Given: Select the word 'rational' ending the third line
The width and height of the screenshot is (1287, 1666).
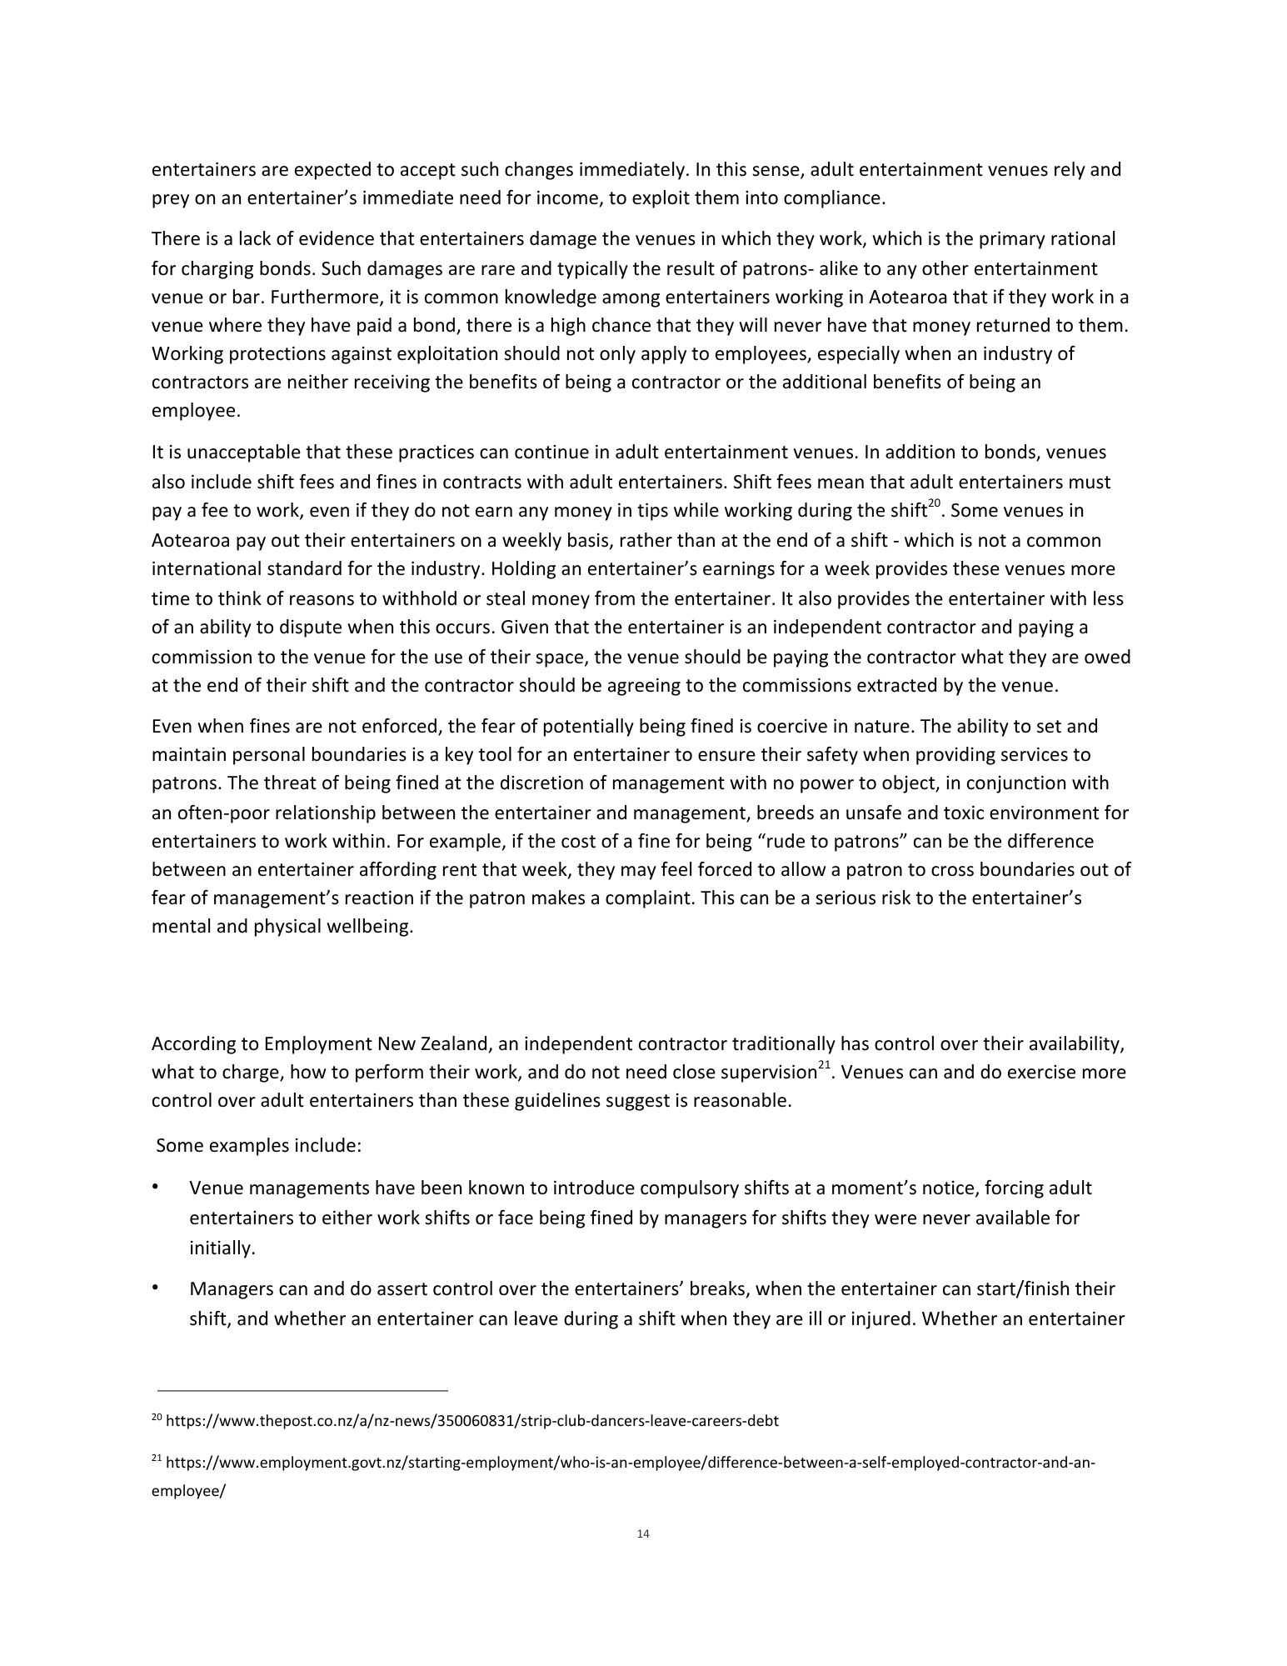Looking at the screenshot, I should pyautogui.click(x=1080, y=239).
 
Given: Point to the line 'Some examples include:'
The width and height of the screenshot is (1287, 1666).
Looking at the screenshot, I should pyautogui.click(x=258, y=1145).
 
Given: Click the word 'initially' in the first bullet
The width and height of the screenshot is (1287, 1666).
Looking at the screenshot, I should pyautogui.click(x=221, y=1248).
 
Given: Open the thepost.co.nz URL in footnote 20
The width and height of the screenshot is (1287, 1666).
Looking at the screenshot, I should pyautogui.click(x=472, y=1421).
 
